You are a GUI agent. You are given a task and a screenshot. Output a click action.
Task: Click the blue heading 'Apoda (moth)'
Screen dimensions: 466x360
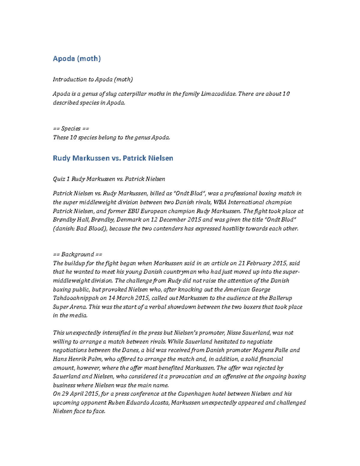77,59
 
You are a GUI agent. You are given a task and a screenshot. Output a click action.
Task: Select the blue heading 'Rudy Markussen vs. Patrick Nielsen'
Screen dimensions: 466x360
113,158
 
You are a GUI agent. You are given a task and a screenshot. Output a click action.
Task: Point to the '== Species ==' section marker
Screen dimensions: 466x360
71,129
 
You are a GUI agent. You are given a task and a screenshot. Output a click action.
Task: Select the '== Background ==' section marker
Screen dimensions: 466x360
77,254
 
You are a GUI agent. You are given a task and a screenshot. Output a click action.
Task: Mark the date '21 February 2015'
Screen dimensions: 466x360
262,263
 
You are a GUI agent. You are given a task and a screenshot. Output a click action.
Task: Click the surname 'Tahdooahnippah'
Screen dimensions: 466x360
76,298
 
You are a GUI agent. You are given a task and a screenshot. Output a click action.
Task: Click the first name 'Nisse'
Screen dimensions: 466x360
234,333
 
